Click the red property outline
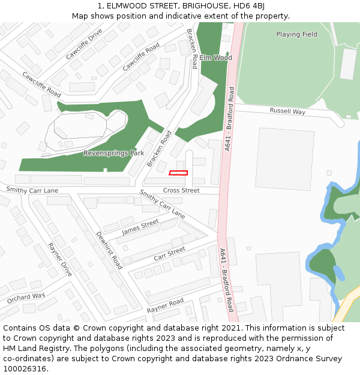tap(178, 173)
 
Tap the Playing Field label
tap(296, 34)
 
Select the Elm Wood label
tap(215, 58)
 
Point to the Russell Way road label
tap(287, 111)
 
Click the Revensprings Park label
tap(113, 153)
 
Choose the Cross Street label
tap(181, 190)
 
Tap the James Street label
tap(140, 226)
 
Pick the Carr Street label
tap(169, 253)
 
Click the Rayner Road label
tap(165, 306)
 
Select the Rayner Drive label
tap(60, 260)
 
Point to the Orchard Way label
tap(26, 298)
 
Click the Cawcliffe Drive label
tap(84, 44)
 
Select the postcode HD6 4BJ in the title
tap(247, 5)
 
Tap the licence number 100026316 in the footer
tap(25, 369)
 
